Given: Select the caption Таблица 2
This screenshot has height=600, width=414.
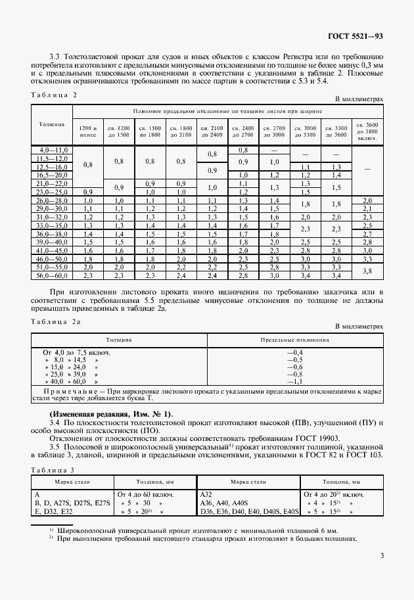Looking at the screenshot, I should tap(54, 95).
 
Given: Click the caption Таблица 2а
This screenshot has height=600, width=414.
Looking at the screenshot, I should tap(56, 321).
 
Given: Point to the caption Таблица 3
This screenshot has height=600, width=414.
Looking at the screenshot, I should tap(54, 470).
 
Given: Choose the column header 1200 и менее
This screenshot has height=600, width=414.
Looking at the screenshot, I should tap(87, 130).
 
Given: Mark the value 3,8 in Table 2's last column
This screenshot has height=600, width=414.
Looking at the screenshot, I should tap(367, 270).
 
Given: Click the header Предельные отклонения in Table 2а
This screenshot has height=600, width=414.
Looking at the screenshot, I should tap(294, 340).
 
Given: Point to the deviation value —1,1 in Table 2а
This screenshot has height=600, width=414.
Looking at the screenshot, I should tap(294, 381).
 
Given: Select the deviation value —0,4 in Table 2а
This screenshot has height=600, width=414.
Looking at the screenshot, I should tap(294, 353).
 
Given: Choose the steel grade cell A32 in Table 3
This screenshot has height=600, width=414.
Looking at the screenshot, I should tap(206, 493).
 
